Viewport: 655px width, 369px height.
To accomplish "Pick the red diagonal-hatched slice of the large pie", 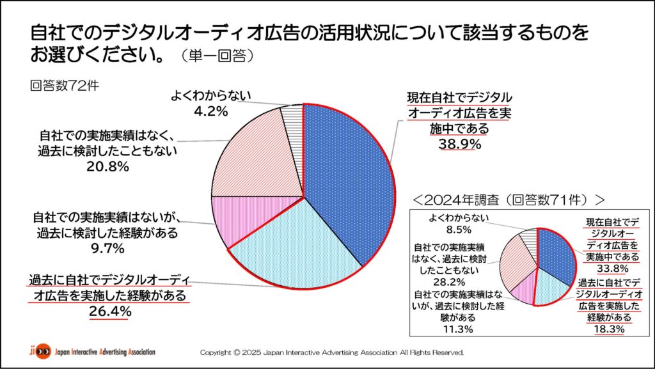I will point(256,153).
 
